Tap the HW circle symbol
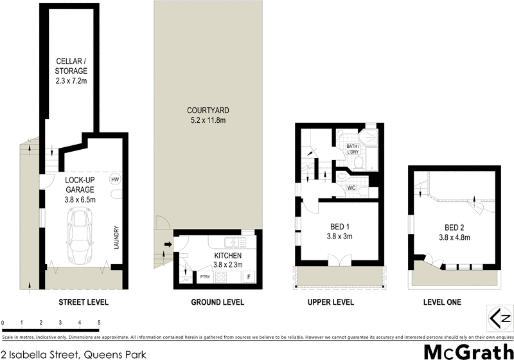(x=116, y=179)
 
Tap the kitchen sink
(x=234, y=243)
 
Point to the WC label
(x=351, y=188)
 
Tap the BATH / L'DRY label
(x=353, y=149)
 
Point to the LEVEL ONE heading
(x=443, y=302)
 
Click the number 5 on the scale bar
(x=99, y=323)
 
